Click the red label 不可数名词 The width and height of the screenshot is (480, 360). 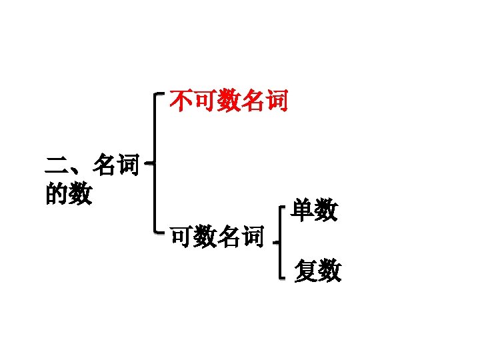(x=229, y=101)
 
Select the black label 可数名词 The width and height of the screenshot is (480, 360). (x=216, y=236)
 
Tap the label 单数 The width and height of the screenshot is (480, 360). (x=315, y=211)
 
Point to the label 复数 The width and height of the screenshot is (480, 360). (x=318, y=271)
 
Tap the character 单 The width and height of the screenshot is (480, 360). (x=304, y=211)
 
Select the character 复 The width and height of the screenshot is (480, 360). (x=306, y=271)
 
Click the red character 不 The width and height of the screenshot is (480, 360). (x=181, y=101)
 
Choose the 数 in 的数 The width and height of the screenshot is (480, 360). (x=80, y=195)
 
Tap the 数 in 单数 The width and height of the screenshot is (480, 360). (x=327, y=211)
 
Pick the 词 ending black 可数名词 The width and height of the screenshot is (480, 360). (x=252, y=236)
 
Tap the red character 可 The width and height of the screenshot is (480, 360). (x=205, y=101)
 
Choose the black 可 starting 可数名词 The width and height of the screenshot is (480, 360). (x=181, y=236)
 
